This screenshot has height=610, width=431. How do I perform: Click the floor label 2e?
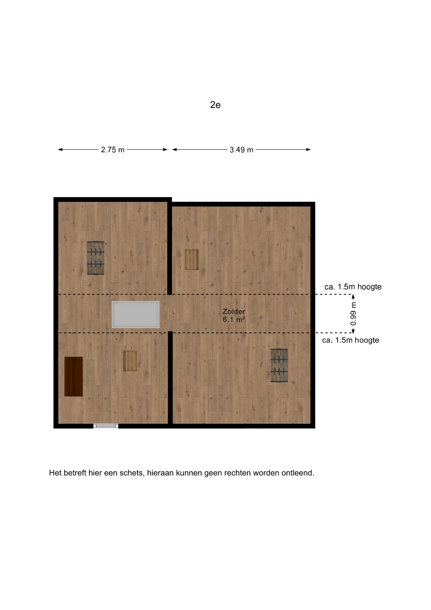(215, 105)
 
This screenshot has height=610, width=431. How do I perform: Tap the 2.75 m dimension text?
(113, 150)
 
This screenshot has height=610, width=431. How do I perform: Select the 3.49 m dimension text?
(242, 150)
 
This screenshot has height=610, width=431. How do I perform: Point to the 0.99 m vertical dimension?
(353, 314)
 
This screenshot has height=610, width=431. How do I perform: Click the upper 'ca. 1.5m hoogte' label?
(353, 287)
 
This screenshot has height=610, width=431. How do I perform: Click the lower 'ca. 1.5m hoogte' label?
(351, 340)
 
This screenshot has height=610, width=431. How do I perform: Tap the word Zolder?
(234, 311)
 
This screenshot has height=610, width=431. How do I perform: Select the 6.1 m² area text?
(234, 320)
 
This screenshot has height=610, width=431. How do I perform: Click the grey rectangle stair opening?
(136, 315)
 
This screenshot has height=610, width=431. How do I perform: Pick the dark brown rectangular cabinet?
(74, 376)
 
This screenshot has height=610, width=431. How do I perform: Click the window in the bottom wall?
(106, 426)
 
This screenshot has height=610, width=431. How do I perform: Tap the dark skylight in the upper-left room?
(96, 258)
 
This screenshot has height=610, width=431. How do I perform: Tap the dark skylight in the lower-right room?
(279, 365)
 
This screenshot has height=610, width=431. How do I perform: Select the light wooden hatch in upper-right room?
(192, 260)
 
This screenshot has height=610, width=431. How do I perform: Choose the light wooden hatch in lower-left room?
(130, 361)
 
